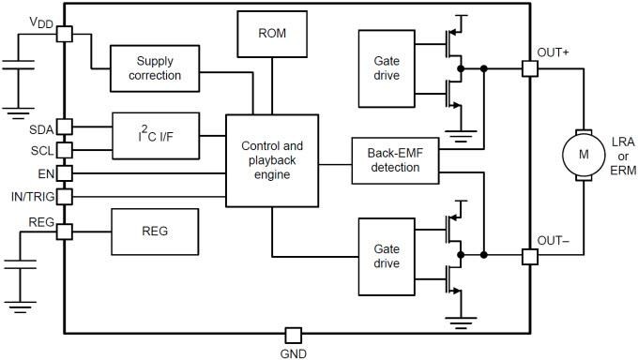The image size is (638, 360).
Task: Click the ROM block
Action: point(271,34)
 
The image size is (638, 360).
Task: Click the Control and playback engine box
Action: point(272,160)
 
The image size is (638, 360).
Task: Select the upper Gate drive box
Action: point(386,67)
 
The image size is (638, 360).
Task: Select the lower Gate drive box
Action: point(386,254)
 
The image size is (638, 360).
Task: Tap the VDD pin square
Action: point(64,34)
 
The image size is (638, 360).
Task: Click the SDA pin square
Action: point(64,127)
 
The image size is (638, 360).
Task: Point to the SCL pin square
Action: point(64,150)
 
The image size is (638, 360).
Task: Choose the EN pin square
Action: point(64,172)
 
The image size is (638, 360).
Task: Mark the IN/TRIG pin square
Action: point(64,197)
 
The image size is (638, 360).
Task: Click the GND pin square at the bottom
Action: point(293,335)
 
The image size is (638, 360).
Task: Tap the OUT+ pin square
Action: point(529,68)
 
